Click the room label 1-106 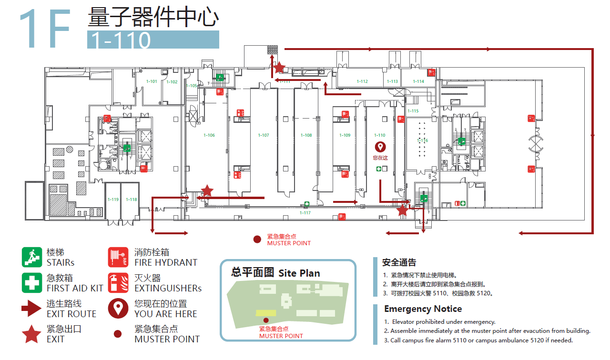click(x=209, y=135)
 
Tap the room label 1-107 click(x=264, y=135)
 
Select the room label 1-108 click(x=306, y=135)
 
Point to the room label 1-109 click(x=345, y=135)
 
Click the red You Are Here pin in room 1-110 click(x=380, y=147)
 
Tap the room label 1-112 click(x=362, y=81)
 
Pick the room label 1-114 click(x=418, y=81)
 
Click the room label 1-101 click(x=152, y=81)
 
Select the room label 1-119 click(x=113, y=200)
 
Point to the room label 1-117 click(x=305, y=213)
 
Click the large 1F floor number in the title click(x=46, y=30)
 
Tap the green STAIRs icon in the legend click(x=31, y=257)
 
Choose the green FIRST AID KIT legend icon click(x=31, y=283)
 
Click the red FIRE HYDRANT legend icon click(x=118, y=257)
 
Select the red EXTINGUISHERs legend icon click(x=118, y=283)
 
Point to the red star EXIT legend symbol click(x=32, y=334)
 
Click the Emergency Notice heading click(x=423, y=309)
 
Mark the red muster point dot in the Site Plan click(x=266, y=320)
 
